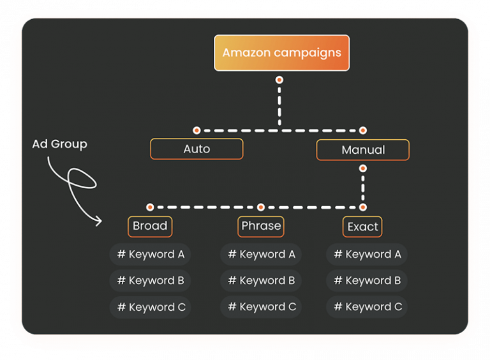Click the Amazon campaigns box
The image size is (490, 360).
coord(281,53)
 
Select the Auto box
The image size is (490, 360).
coord(197,149)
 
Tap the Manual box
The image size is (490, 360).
coord(362,149)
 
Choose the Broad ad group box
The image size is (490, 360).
coord(150,226)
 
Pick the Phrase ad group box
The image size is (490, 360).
coord(261,226)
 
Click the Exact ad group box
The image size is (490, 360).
coord(362,227)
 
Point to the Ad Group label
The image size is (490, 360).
coord(59,144)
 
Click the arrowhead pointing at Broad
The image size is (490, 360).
coord(98,221)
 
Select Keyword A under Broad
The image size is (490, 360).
coord(151,254)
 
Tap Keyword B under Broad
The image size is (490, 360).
coord(151,280)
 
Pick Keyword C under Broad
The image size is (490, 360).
coord(151,307)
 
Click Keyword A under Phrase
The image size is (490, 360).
coord(262,254)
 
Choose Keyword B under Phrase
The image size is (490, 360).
coord(262,280)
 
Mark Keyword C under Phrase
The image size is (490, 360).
coord(262,307)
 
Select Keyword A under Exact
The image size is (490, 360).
coord(367,254)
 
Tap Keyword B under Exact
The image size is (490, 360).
coord(367,280)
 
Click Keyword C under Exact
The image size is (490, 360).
coord(367,307)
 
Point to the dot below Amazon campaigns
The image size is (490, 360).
coord(279,80)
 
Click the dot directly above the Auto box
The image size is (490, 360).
coord(197,130)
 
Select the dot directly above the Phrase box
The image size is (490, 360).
coord(261,207)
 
